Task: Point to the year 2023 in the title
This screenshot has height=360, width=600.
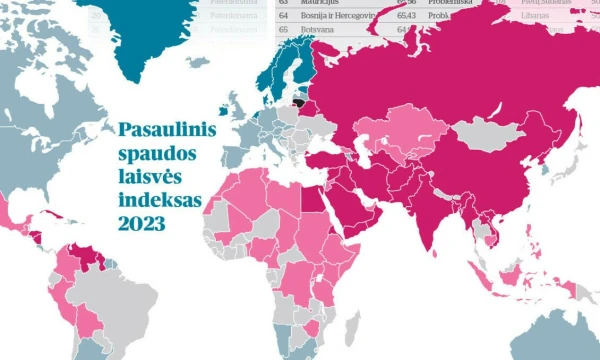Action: point(141,224)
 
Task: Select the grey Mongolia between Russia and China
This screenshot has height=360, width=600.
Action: point(485,131)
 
